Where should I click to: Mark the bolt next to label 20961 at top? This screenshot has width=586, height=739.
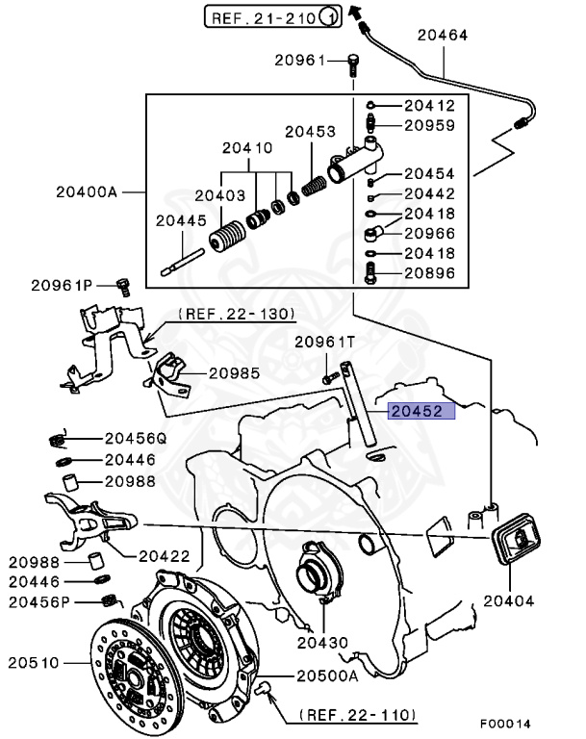[353, 64]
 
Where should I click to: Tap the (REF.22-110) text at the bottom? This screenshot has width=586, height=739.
[357, 715]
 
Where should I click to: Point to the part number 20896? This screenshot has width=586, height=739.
[429, 272]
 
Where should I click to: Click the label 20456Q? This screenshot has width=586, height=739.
[135, 437]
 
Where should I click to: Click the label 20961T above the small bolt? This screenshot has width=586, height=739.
[324, 342]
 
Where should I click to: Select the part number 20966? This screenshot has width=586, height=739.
[429, 232]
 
